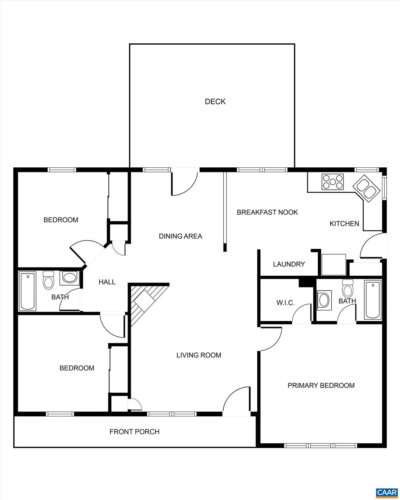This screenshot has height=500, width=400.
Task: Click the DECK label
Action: (215, 102)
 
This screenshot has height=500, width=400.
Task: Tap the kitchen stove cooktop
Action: (332, 182)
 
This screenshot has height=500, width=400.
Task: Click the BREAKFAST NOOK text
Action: (267, 212)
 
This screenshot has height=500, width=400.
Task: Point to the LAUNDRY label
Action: (289, 264)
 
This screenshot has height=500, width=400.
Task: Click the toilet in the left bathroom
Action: (48, 280)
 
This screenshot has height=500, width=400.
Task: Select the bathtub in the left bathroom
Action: (27, 291)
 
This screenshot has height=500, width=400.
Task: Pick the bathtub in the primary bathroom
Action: (373, 300)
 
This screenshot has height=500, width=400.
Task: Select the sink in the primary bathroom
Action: (324, 299)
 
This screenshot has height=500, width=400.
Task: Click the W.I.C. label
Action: (285, 303)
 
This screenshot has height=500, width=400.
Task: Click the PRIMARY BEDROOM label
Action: (321, 385)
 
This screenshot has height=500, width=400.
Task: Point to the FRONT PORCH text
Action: (134, 432)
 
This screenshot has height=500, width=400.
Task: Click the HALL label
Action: (107, 282)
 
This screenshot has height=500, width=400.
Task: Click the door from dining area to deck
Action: (184, 182)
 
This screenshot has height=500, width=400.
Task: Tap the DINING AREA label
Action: (180, 236)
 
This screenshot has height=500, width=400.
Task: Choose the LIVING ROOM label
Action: (199, 355)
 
